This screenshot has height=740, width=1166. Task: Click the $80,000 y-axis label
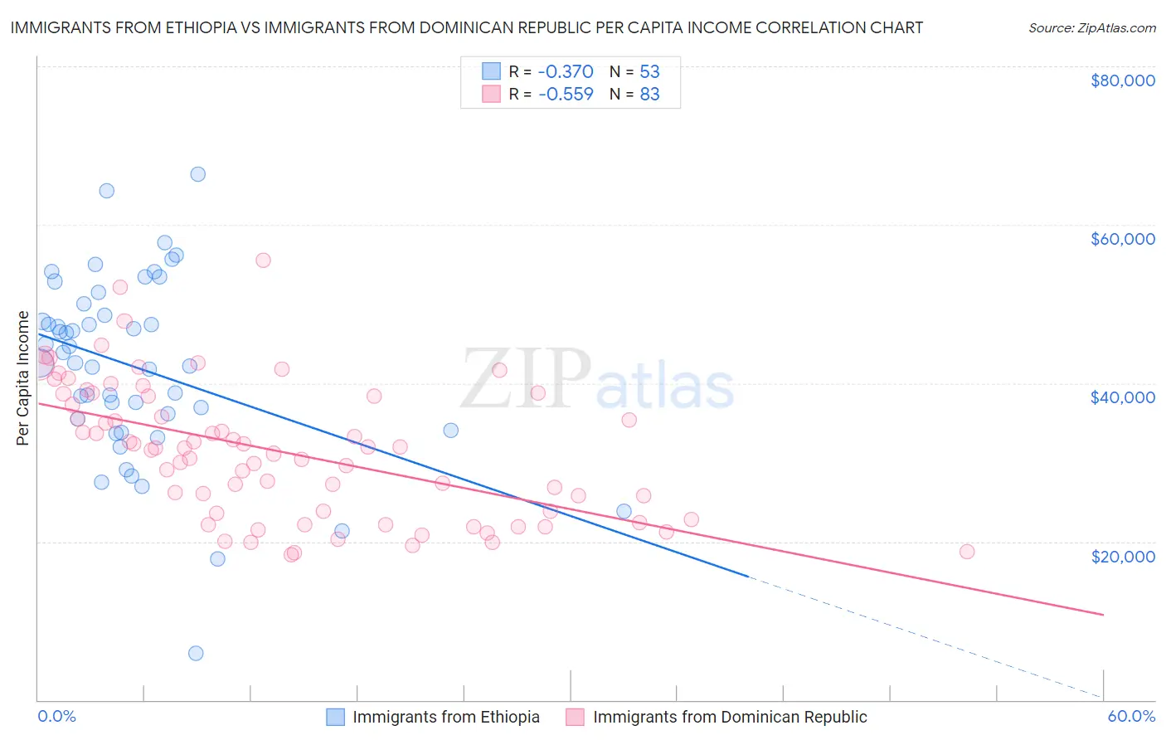coord(1122,80)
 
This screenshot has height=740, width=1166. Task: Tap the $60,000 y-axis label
coord(1122,239)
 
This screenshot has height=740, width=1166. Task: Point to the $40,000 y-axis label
coord(1122,397)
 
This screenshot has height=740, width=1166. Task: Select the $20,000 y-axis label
coord(1122,556)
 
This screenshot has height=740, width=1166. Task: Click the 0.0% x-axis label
coord(56,716)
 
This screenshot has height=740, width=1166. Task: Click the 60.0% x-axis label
coord(1131,716)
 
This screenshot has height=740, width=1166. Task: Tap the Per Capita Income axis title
coord(23,378)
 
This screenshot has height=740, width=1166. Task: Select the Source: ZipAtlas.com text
coord(1091,27)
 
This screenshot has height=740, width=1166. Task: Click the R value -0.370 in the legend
coord(566,71)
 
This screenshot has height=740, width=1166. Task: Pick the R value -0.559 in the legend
coord(566,94)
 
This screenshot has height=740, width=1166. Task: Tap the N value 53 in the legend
coord(649,71)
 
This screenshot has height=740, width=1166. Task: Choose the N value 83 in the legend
coord(649,94)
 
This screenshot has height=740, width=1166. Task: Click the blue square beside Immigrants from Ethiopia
coord(335,717)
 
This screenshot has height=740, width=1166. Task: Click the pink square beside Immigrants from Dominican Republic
coord(576,717)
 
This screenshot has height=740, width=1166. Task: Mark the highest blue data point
coord(197,174)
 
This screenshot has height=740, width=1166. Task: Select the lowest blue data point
coord(196,653)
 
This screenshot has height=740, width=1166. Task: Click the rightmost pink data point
coord(966,552)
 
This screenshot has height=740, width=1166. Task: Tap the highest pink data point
coord(263,260)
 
